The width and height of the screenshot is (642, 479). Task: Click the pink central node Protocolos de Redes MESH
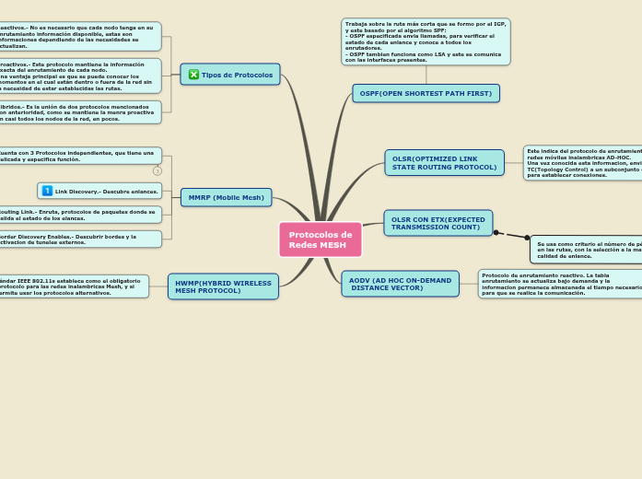click(320, 239)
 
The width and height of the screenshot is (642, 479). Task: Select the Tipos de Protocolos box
click(230, 75)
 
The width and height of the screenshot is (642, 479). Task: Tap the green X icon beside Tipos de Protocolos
click(193, 75)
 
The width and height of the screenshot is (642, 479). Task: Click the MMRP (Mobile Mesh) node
click(226, 197)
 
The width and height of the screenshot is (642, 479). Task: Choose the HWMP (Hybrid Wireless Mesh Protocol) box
click(223, 286)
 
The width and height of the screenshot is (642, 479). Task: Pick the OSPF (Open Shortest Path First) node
click(426, 93)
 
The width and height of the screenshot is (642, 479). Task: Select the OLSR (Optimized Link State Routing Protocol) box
click(444, 163)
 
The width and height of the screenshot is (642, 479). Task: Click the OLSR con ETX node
click(438, 223)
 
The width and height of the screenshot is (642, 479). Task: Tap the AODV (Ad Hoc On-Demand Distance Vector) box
click(400, 284)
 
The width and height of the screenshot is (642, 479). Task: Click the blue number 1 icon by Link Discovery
click(47, 191)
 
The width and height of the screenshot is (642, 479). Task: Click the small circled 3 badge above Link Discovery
click(158, 170)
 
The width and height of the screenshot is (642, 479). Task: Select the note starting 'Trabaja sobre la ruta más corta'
click(425, 41)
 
